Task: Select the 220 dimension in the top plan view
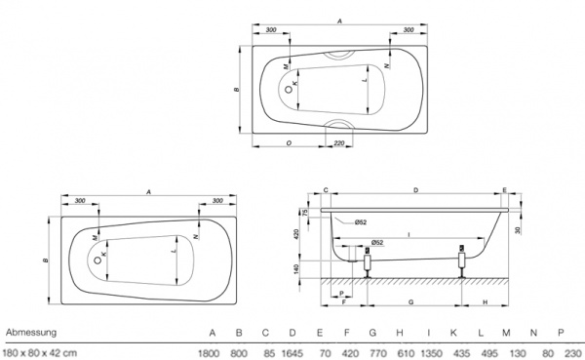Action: click(x=338, y=143)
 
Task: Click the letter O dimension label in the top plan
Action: click(x=289, y=143)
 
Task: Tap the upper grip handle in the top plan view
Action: click(x=340, y=54)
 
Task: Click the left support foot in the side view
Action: click(x=367, y=261)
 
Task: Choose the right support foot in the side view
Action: click(x=460, y=261)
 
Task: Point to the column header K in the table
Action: click(x=452, y=333)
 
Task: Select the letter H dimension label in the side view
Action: click(x=485, y=302)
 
